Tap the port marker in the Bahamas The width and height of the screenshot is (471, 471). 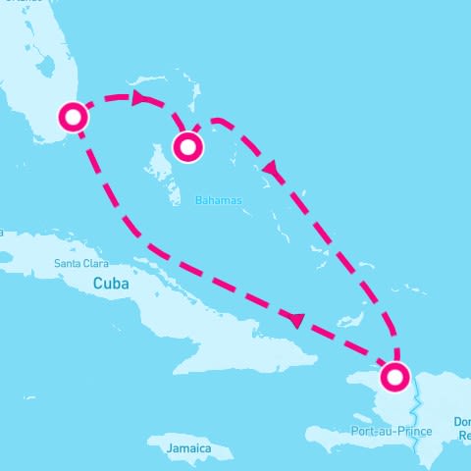pyautogui.click(x=187, y=147)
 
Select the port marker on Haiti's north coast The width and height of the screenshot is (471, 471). pyautogui.click(x=394, y=377)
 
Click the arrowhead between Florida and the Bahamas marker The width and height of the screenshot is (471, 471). pyautogui.click(x=138, y=97)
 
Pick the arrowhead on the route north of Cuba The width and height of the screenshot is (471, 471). pyautogui.click(x=296, y=319)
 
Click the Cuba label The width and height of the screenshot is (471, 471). pyautogui.click(x=111, y=283)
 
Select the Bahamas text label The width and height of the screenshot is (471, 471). pyautogui.click(x=218, y=199)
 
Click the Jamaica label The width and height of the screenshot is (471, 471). pyautogui.click(x=189, y=448)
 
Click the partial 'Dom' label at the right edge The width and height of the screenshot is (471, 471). pyautogui.click(x=463, y=422)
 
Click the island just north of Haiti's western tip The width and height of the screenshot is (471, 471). pyautogui.click(x=348, y=322)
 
